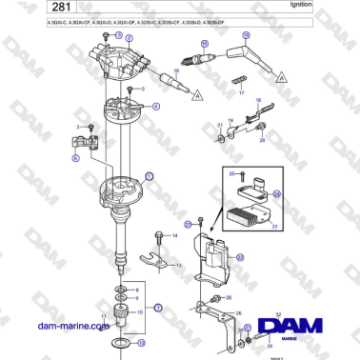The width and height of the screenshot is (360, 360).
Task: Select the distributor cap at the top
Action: pyautogui.click(x=122, y=54)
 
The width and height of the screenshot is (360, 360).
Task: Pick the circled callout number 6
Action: pyautogui.click(x=76, y=160)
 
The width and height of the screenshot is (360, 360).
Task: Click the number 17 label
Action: pyautogui.click(x=242, y=93)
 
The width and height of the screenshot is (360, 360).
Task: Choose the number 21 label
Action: pyautogui.click(x=219, y=124)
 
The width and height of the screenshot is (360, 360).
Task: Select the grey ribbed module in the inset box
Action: pyautogui.click(x=250, y=211)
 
